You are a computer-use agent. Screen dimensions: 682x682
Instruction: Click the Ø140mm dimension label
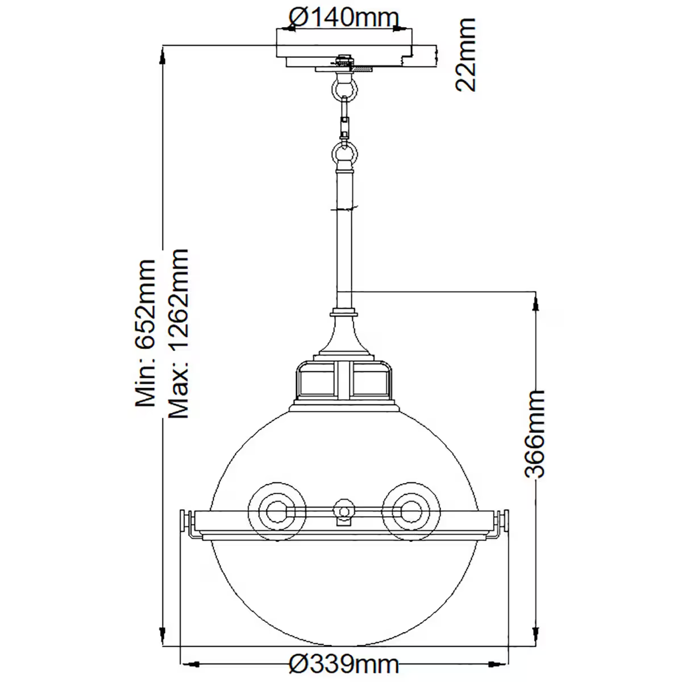pyautogui.click(x=343, y=18)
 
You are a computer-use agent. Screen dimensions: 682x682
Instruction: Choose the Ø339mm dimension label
pyautogui.click(x=343, y=663)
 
